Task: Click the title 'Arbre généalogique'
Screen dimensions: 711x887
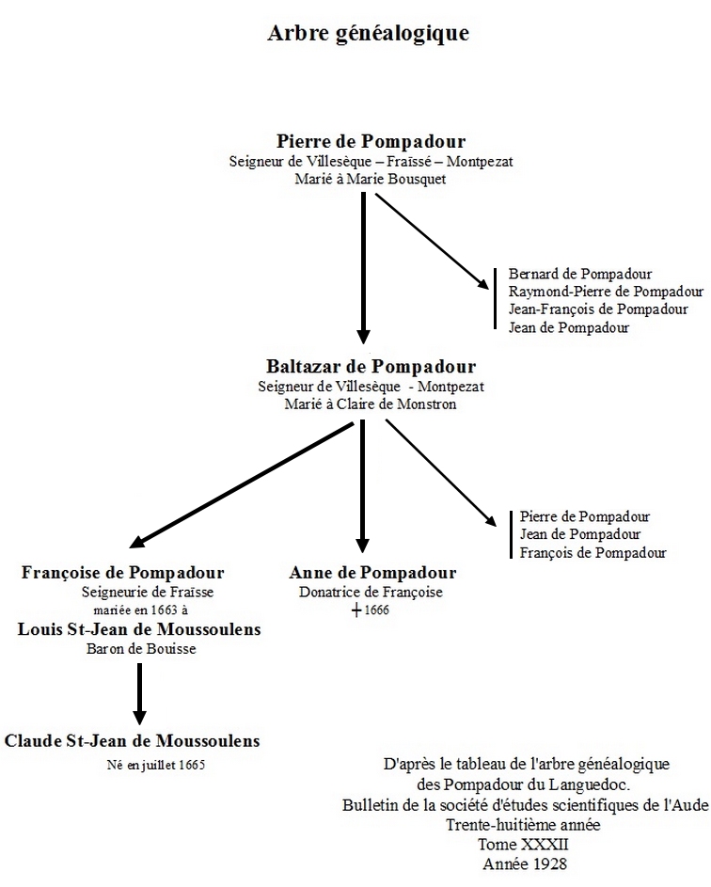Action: click(x=369, y=33)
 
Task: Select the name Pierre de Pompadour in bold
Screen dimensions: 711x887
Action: click(x=371, y=141)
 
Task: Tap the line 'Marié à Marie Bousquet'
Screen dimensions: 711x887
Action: click(x=371, y=180)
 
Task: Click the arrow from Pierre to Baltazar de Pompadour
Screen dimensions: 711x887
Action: click(x=364, y=268)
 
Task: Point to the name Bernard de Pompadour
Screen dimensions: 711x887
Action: click(x=579, y=275)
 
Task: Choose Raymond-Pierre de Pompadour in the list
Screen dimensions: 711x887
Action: click(x=606, y=292)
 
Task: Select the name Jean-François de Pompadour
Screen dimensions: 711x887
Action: click(x=598, y=309)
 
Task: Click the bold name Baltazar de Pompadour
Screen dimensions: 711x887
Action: click(x=371, y=367)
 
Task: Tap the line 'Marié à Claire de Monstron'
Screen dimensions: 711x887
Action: click(x=371, y=404)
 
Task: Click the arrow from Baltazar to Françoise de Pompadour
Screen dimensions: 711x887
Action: click(x=242, y=485)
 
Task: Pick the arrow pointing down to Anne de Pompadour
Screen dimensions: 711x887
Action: click(x=363, y=486)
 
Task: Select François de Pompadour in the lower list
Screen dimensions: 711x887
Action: click(x=592, y=553)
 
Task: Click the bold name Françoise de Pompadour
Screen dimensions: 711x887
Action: click(x=123, y=573)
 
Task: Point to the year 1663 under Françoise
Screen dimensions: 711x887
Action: click(x=164, y=610)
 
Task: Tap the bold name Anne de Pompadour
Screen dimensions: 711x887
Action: click(x=372, y=573)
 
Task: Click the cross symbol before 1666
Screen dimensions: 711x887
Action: click(x=356, y=610)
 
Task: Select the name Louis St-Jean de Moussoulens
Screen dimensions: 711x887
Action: click(x=139, y=629)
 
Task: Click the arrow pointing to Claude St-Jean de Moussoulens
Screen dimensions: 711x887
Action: click(x=139, y=694)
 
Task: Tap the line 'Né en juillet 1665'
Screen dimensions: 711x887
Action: click(x=156, y=766)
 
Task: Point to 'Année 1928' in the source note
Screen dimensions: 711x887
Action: click(x=525, y=863)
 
